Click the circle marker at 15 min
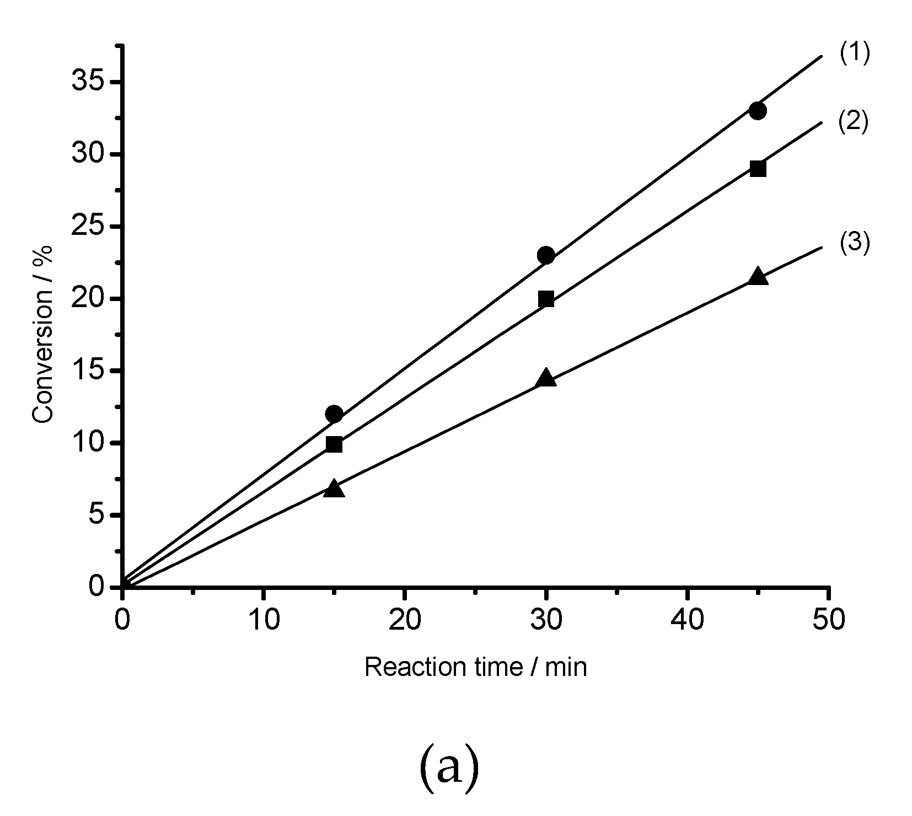pyautogui.click(x=334, y=414)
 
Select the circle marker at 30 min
pyautogui.click(x=546, y=255)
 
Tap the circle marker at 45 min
pyautogui.click(x=758, y=111)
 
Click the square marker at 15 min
pyautogui.click(x=334, y=444)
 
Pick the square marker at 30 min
pyautogui.click(x=546, y=299)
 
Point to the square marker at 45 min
pyautogui.click(x=758, y=169)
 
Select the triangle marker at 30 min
pyautogui.click(x=546, y=378)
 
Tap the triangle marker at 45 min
pyautogui.click(x=758, y=277)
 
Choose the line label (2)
pyautogui.click(x=853, y=122)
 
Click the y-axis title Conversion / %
pyautogui.click(x=42, y=334)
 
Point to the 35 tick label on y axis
pyautogui.click(x=88, y=82)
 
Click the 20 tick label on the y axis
pyautogui.click(x=88, y=299)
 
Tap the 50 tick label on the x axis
pyautogui.click(x=828, y=620)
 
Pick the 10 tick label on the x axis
pyautogui.click(x=264, y=620)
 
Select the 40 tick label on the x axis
pyautogui.click(x=687, y=620)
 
